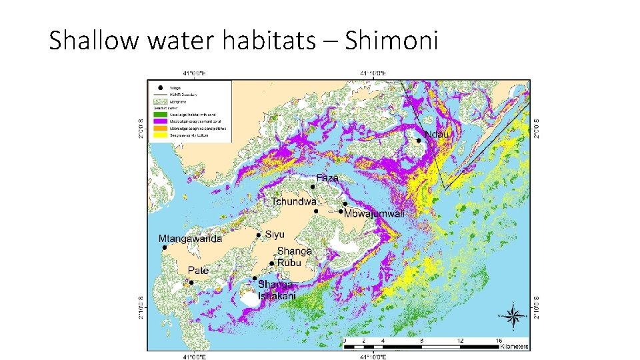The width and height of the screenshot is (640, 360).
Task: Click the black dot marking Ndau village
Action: (x=419, y=140)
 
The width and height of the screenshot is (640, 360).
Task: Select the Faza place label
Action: (x=327, y=178)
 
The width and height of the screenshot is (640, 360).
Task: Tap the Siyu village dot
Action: (x=259, y=235)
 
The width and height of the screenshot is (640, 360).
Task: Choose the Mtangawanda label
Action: (x=190, y=238)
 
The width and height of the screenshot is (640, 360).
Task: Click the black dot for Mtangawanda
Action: (x=165, y=247)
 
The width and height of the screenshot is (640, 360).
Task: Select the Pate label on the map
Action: (x=198, y=270)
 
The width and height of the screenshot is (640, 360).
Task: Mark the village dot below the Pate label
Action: (x=191, y=283)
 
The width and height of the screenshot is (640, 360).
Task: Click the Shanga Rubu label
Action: (x=294, y=257)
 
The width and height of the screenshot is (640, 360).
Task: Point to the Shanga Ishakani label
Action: (x=277, y=290)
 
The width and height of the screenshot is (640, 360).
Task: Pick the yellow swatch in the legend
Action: (x=160, y=135)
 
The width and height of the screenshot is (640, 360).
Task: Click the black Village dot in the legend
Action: (x=160, y=87)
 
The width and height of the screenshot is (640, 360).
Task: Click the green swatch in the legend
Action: (x=160, y=115)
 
